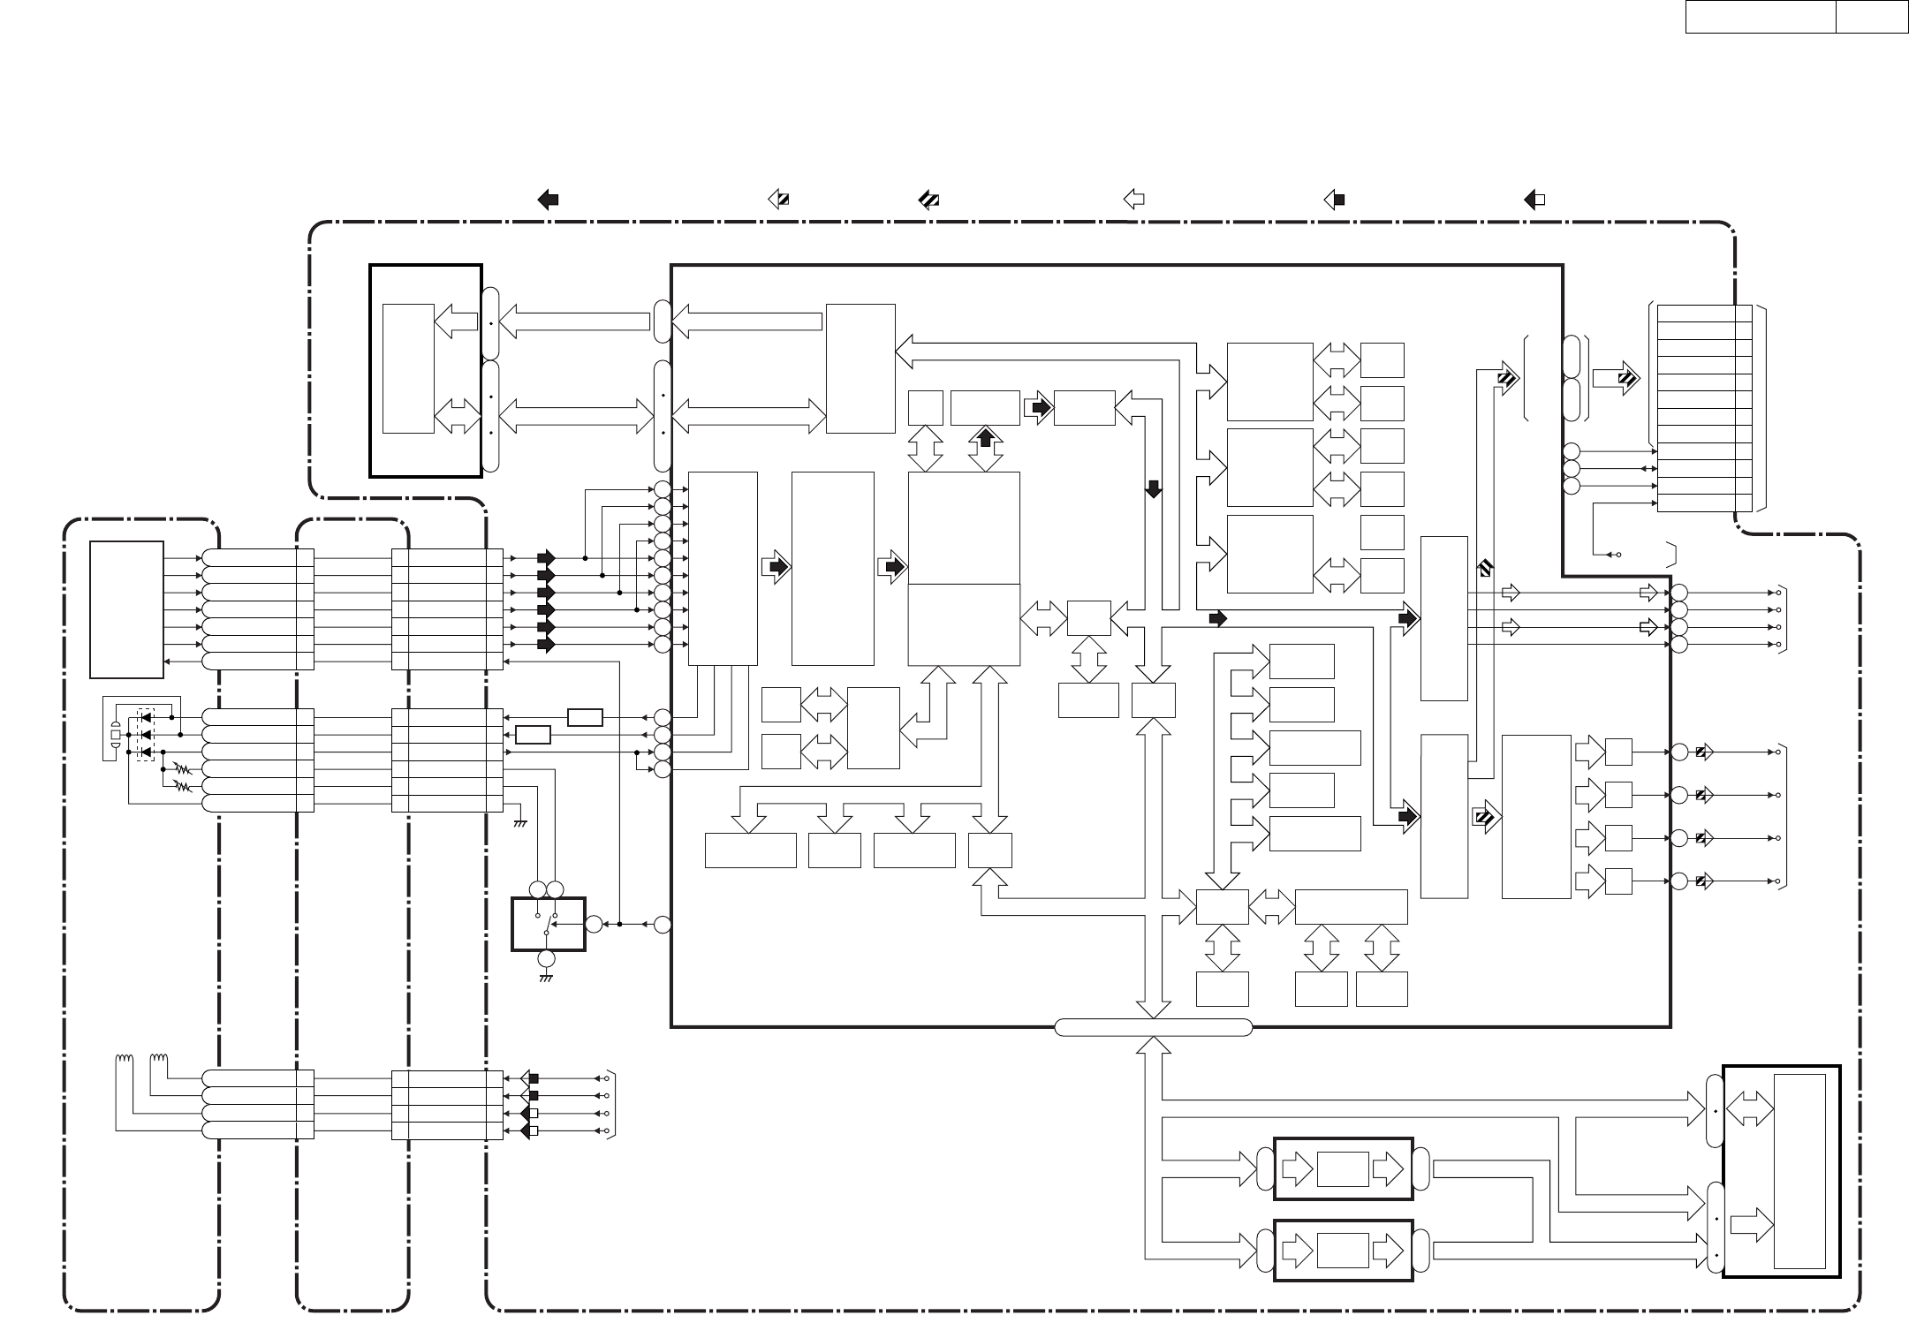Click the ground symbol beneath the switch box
[546, 979]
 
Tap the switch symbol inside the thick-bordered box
[548, 925]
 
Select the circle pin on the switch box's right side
[594, 925]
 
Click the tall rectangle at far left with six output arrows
[126, 609]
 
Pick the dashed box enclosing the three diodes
[146, 734]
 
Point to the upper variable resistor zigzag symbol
[183, 769]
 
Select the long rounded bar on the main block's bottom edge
[1153, 1027]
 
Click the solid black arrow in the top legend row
[548, 200]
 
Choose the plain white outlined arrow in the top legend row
[1133, 200]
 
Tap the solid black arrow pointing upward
[986, 435]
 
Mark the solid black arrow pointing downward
[1154, 488]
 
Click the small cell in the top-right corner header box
[1871, 17]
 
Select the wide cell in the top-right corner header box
[1760, 17]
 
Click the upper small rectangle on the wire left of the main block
[585, 717]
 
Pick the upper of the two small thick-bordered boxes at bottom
[1343, 1168]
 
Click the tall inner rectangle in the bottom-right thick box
[1799, 1170]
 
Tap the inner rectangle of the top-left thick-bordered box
[408, 369]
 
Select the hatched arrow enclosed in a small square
[1484, 819]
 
